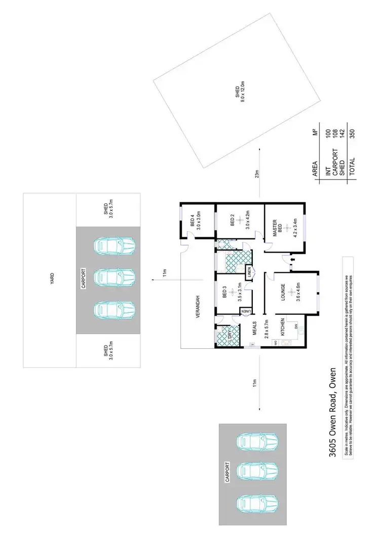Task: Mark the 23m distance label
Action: point(258,173)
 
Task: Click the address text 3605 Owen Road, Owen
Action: point(333,413)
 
